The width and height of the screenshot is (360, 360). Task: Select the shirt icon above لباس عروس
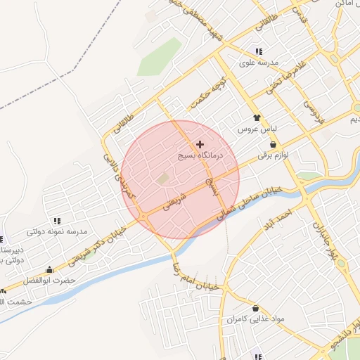point(257,118)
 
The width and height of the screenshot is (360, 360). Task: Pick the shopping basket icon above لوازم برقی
point(272,143)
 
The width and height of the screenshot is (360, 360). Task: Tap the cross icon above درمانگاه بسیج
point(200,144)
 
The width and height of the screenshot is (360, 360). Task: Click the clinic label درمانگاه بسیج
point(199,156)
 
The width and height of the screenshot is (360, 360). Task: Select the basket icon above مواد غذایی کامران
point(255,308)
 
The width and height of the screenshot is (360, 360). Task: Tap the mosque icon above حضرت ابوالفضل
point(49,269)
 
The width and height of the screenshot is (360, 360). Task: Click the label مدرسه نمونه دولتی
point(56,231)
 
